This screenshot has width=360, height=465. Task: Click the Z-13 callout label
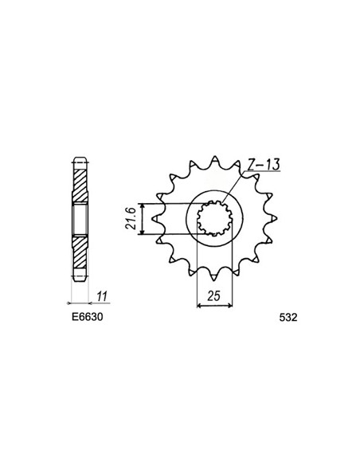point(264,165)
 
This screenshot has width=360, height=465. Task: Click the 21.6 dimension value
point(131,219)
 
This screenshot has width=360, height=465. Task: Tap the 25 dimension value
point(214,296)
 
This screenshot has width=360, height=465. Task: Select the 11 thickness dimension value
point(102,296)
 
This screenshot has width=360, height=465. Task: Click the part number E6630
point(87,317)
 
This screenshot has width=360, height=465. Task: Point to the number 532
point(288,318)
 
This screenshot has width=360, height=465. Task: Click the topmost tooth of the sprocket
point(215,159)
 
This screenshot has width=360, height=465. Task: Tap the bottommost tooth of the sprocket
point(214,277)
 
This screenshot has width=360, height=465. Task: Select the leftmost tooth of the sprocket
point(155,219)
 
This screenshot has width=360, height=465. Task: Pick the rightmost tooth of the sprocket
point(274,218)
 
